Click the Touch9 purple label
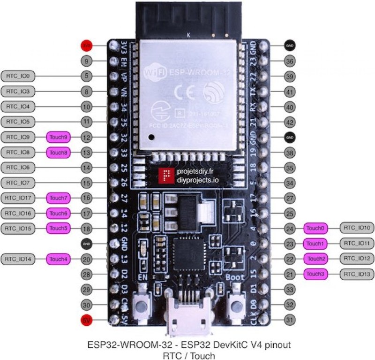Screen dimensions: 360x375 click(59, 138)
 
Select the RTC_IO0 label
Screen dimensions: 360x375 click(18, 76)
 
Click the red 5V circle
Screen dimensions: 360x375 click(86, 320)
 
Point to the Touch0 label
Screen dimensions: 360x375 click(315, 228)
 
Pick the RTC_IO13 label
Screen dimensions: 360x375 click(357, 274)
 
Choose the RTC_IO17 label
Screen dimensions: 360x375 click(18, 198)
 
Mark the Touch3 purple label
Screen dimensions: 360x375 click(315, 274)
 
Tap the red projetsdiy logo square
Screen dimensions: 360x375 click(165, 176)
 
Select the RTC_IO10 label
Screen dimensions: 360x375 click(357, 228)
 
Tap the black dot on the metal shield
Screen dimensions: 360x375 click(151, 138)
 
